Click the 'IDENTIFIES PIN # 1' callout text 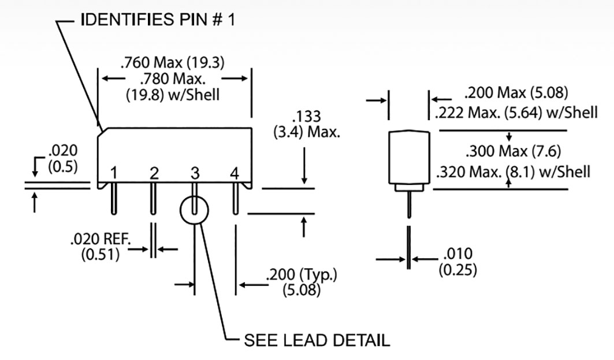coord(157,20)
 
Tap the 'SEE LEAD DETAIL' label coord(317,339)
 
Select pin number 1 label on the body coord(114,173)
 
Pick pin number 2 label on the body coord(154,173)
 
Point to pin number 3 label coord(195,173)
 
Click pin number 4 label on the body coord(234,173)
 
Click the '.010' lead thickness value coord(458,253)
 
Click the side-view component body coord(409,157)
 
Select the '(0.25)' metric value coord(458,269)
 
